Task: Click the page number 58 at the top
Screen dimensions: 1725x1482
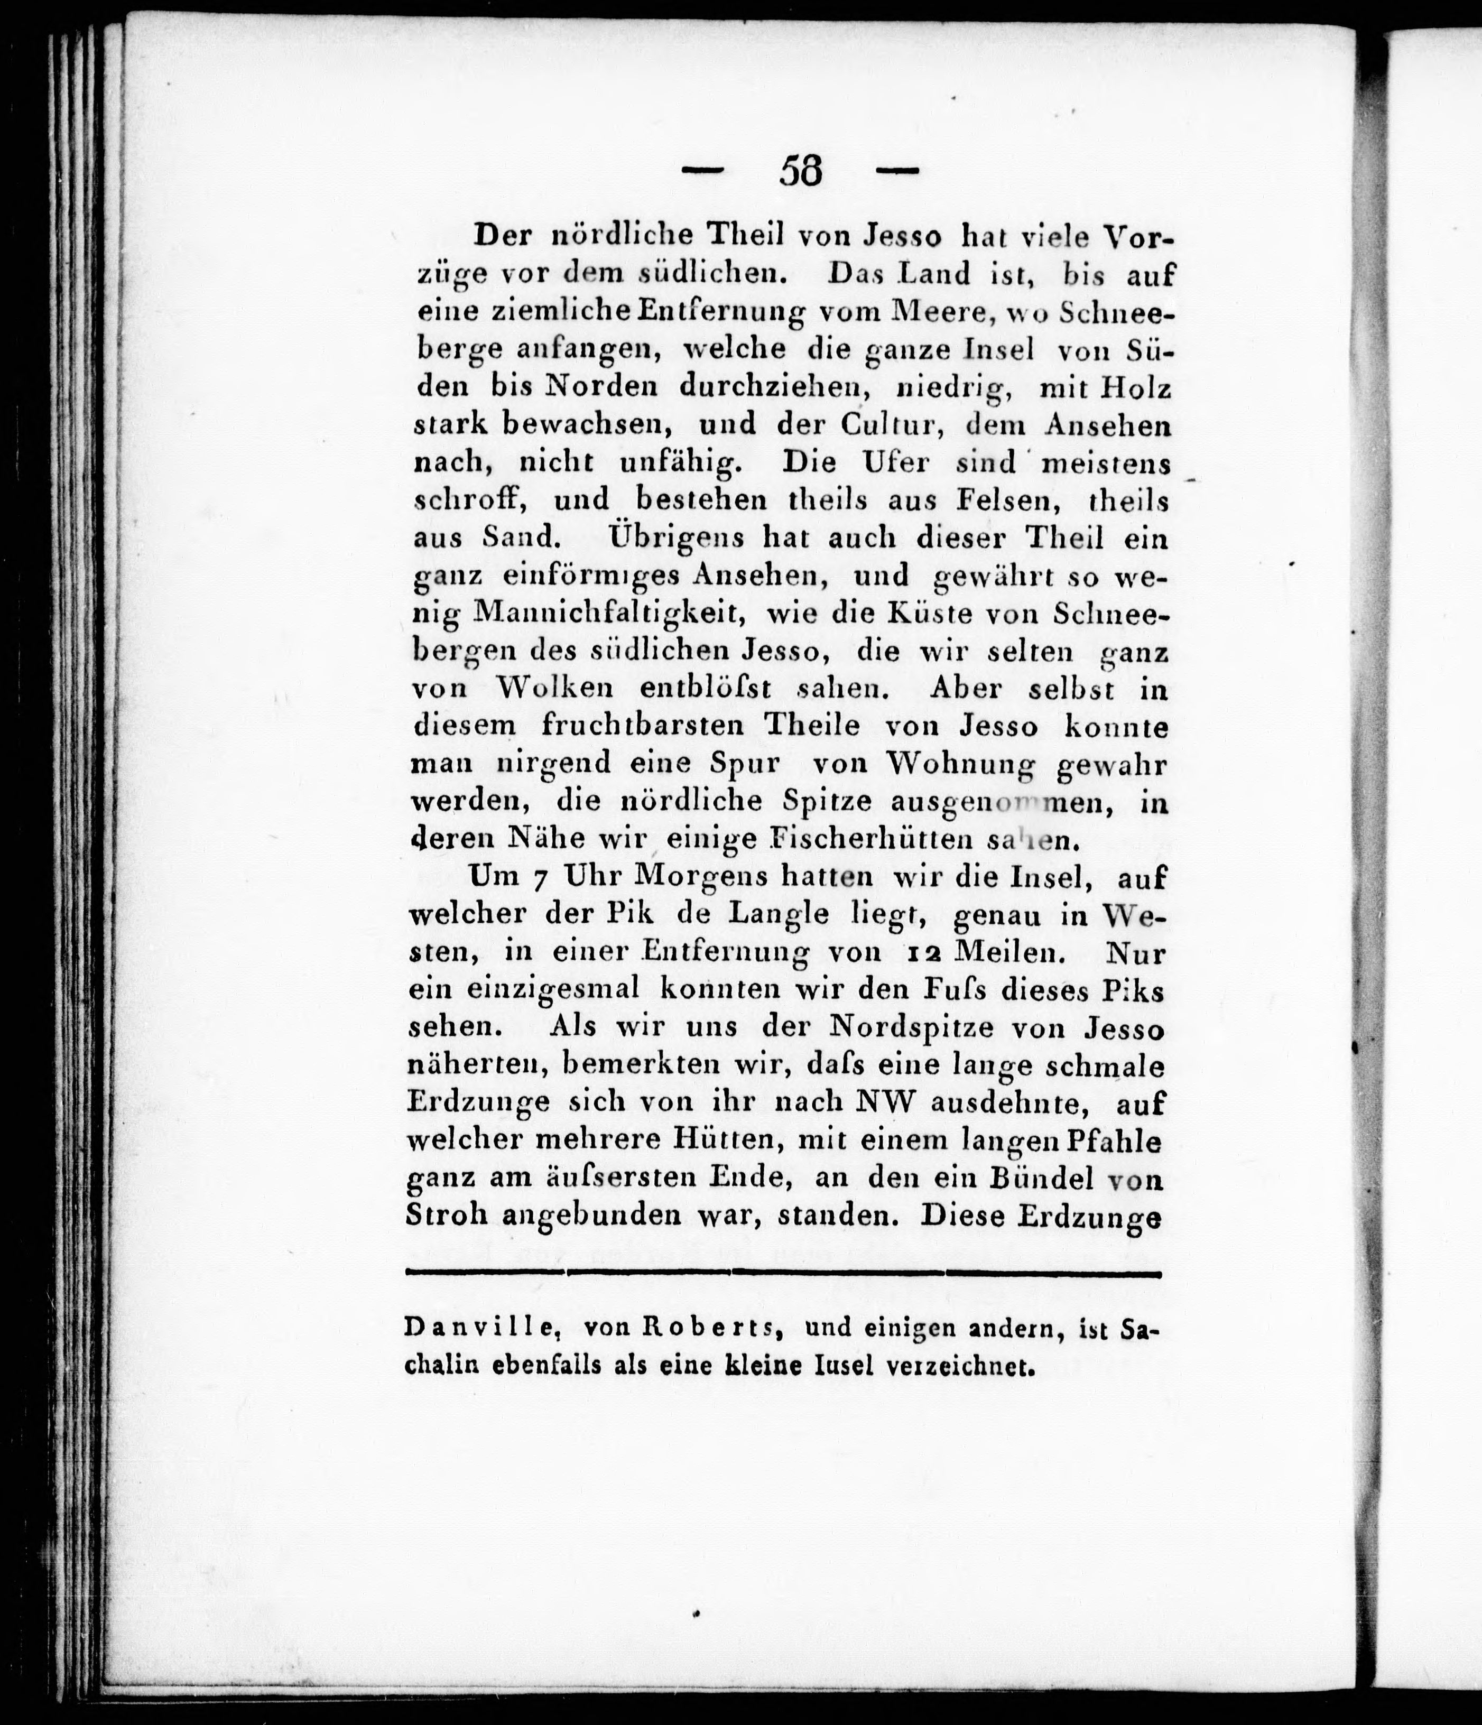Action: coord(800,172)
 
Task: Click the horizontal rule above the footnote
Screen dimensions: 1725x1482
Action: coord(783,1273)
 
